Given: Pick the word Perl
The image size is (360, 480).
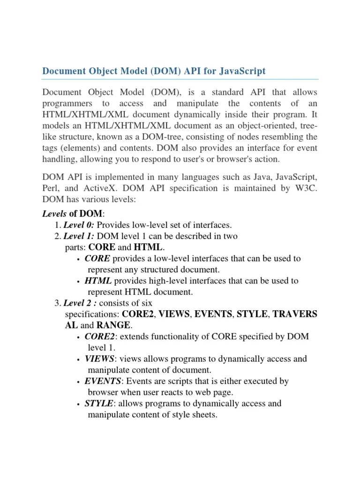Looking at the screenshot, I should (52, 188).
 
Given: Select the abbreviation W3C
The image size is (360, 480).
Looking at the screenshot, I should (305, 188).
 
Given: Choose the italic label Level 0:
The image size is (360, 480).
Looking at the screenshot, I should (79, 225).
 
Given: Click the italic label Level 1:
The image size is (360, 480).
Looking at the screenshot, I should (79, 236).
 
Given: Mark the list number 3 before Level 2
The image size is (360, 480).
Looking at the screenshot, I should (57, 303).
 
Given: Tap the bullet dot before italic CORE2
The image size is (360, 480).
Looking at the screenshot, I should (77, 337).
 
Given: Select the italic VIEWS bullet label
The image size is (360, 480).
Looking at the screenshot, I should (99, 359).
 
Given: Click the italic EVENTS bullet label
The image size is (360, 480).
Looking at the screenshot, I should (103, 381).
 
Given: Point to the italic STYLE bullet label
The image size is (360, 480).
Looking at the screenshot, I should (99, 403).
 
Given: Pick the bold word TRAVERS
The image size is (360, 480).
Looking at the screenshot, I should (295, 314).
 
